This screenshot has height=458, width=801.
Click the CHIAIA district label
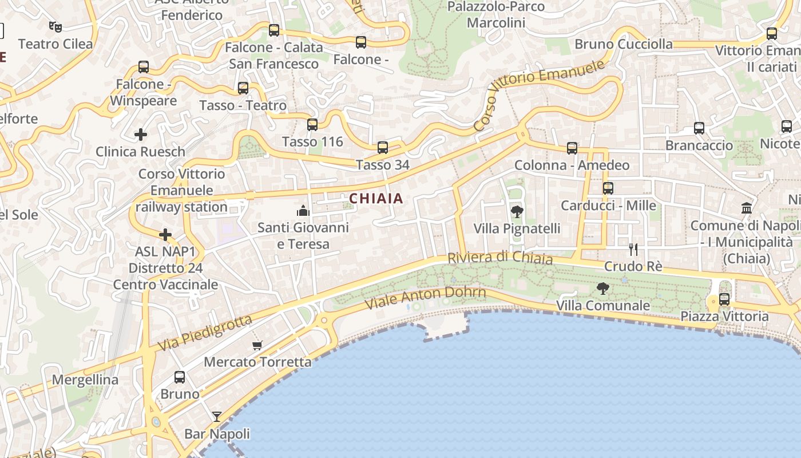(376, 199)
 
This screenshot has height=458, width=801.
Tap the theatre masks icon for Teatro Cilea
(55, 26)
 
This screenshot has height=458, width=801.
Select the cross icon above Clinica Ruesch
(141, 135)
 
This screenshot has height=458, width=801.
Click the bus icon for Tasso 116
(312, 125)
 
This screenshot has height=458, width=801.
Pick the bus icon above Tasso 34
(383, 148)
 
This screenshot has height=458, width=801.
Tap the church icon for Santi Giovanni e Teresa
(303, 211)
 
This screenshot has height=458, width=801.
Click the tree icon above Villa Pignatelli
(517, 212)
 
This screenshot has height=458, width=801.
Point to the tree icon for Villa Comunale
(602, 289)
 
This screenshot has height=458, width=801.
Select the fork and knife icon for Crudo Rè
(633, 250)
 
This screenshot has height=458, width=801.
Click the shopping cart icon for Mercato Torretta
(257, 345)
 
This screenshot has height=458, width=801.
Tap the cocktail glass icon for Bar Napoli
(217, 417)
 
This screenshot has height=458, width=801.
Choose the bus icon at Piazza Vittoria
(724, 299)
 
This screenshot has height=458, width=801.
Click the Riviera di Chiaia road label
(500, 258)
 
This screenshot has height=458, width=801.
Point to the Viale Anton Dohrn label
(425, 297)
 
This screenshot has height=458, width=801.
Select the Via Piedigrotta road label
(204, 334)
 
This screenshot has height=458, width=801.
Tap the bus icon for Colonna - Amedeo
(572, 148)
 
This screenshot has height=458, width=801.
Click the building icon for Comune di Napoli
(747, 208)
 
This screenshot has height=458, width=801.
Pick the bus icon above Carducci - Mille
(608, 188)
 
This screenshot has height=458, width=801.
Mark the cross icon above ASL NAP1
(165, 235)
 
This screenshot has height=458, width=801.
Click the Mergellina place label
(85, 380)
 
